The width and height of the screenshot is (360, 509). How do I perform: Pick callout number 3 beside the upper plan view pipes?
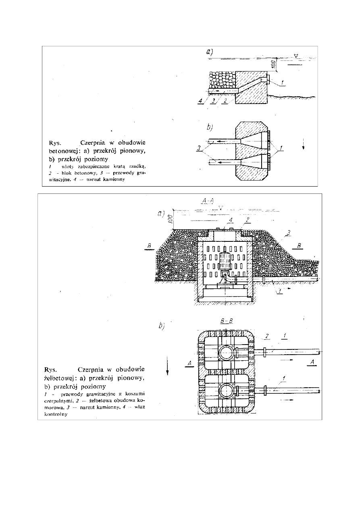point(199,149)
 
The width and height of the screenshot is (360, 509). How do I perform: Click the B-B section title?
point(227,321)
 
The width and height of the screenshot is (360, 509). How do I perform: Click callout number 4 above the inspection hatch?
point(230,220)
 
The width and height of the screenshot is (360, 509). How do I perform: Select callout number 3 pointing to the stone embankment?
point(289,233)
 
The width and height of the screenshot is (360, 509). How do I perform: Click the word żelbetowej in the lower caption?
point(58,378)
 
